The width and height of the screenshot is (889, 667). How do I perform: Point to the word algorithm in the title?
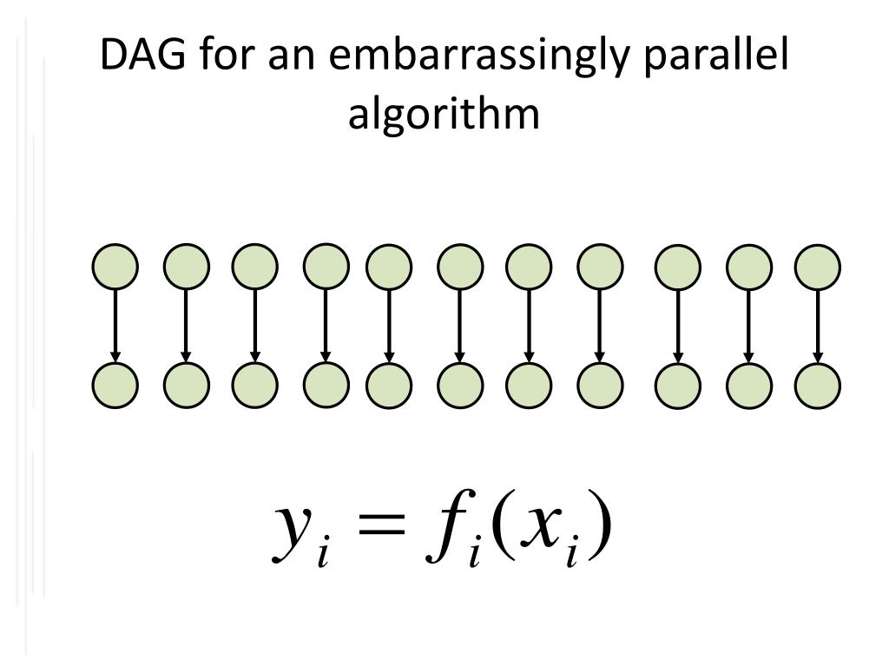click(x=444, y=116)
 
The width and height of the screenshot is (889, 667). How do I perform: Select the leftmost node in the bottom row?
click(x=115, y=384)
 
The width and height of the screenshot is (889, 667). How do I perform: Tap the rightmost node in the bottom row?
click(x=817, y=384)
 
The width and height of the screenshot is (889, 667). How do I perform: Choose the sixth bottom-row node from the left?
click(x=460, y=384)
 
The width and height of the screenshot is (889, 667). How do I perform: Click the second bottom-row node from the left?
click(x=186, y=384)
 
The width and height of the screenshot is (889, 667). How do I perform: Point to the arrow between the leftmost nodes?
click(x=115, y=325)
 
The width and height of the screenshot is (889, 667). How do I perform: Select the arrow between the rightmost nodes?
click(x=817, y=325)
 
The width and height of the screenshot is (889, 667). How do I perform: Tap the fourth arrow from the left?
click(x=325, y=325)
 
